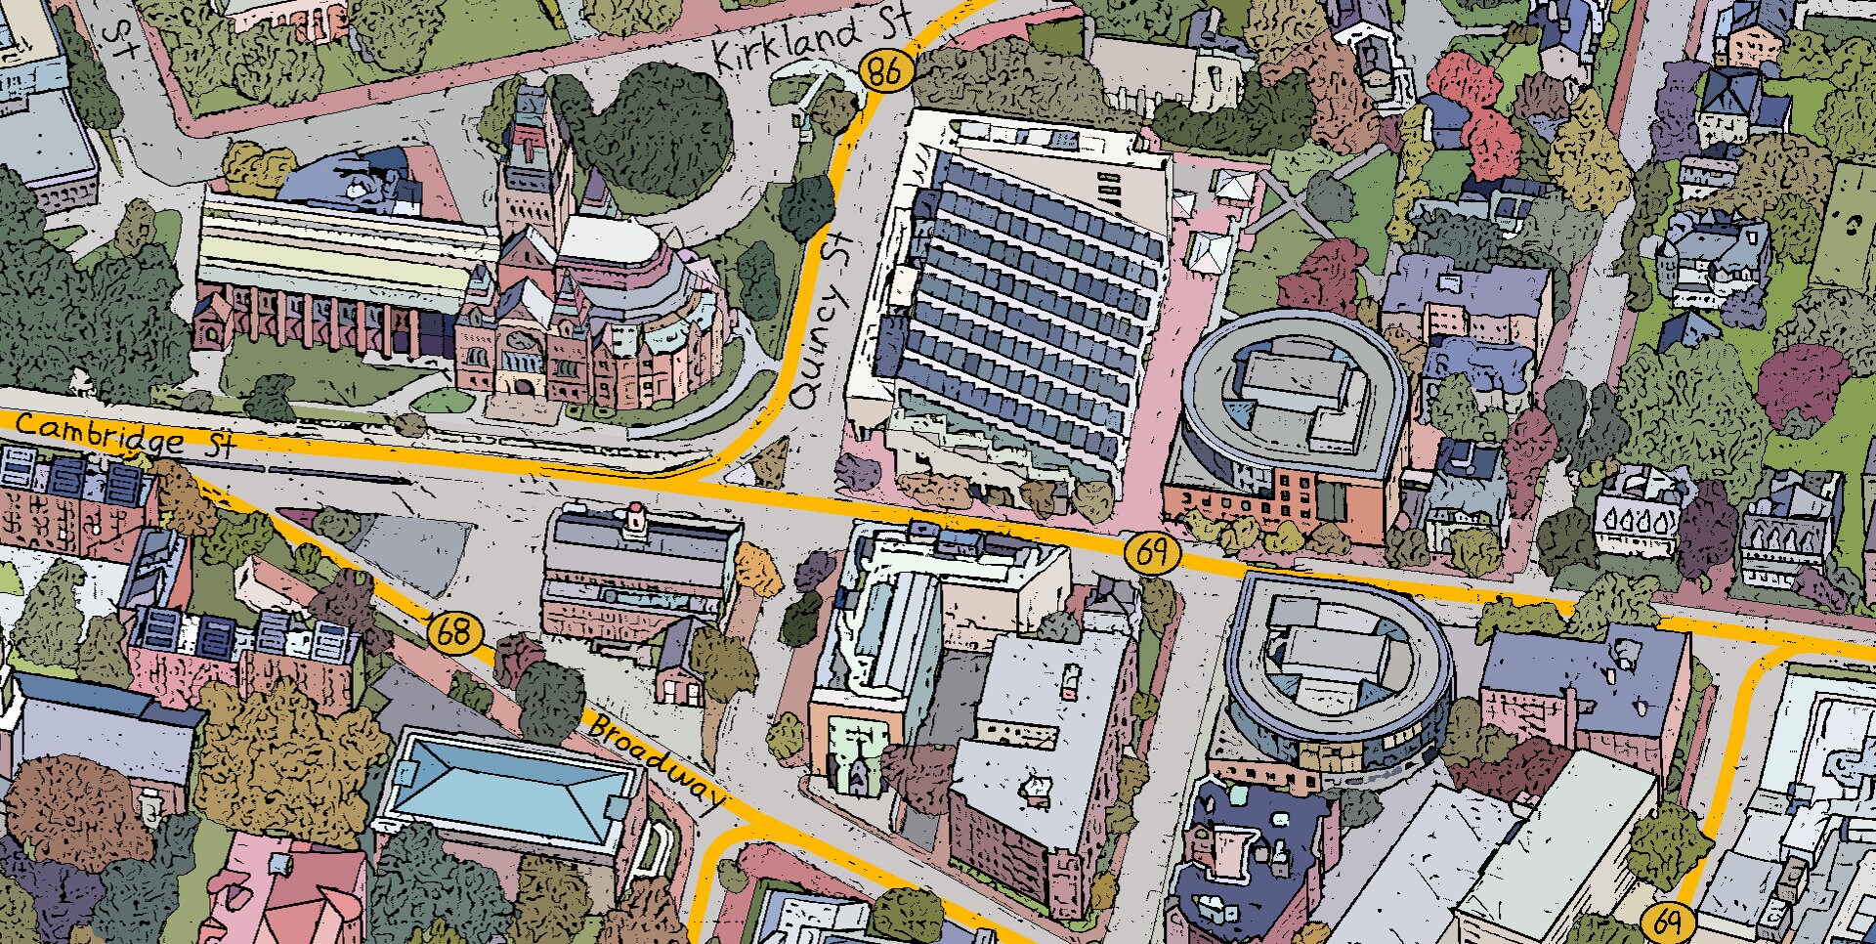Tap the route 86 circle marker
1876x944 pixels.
(884, 70)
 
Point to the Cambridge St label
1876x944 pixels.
(122, 435)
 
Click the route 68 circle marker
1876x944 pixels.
(454, 632)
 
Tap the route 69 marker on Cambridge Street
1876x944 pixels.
(1152, 552)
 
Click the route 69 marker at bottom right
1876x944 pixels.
(1668, 921)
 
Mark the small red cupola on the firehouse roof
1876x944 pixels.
(636, 516)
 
